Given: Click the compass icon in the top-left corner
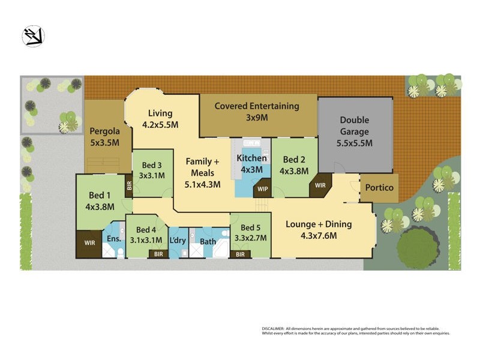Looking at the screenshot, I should click(34, 36).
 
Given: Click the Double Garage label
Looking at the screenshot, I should click(354, 131).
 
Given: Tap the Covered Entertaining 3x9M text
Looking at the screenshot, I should click(257, 112).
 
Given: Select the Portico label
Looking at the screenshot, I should click(379, 188).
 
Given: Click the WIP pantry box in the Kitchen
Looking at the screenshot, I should click(262, 189).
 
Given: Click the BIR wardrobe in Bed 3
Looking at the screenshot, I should click(129, 185).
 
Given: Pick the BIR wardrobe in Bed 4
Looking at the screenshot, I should click(158, 254).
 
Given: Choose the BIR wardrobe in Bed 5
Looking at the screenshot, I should click(240, 254).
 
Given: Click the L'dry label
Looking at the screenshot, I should click(178, 241).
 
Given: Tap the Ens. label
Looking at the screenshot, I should click(113, 239).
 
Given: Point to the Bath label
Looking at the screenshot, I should click(208, 242).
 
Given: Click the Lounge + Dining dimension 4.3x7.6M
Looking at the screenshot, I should click(318, 236).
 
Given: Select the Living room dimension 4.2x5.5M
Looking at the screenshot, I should click(160, 125).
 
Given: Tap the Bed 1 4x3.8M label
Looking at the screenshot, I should click(100, 201).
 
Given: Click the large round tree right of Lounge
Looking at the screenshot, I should click(418, 247).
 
